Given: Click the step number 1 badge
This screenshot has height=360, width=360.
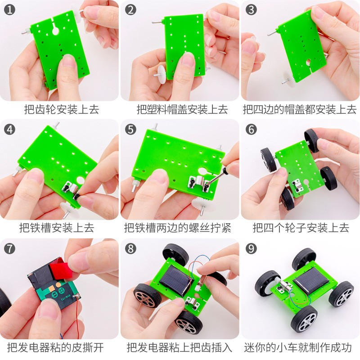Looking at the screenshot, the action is tap(9, 10).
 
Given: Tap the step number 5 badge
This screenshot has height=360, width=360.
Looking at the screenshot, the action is tap(130, 130).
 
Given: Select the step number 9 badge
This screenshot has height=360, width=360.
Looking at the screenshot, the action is tap(251, 249).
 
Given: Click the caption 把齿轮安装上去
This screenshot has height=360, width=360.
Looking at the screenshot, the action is tap(62, 109).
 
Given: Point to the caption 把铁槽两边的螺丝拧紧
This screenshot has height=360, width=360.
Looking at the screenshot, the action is tap(177, 228).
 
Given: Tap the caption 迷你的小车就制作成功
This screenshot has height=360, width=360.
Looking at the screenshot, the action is tap(298, 347).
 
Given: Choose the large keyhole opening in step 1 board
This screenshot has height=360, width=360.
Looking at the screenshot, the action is tap(55, 31).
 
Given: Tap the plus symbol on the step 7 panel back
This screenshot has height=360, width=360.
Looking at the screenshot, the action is tap(61, 291).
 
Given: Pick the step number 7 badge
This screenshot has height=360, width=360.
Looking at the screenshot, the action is tap(9, 249).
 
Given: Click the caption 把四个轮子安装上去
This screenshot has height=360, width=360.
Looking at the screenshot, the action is tap(301, 228).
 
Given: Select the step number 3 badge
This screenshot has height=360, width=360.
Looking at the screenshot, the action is tap(251, 10).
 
